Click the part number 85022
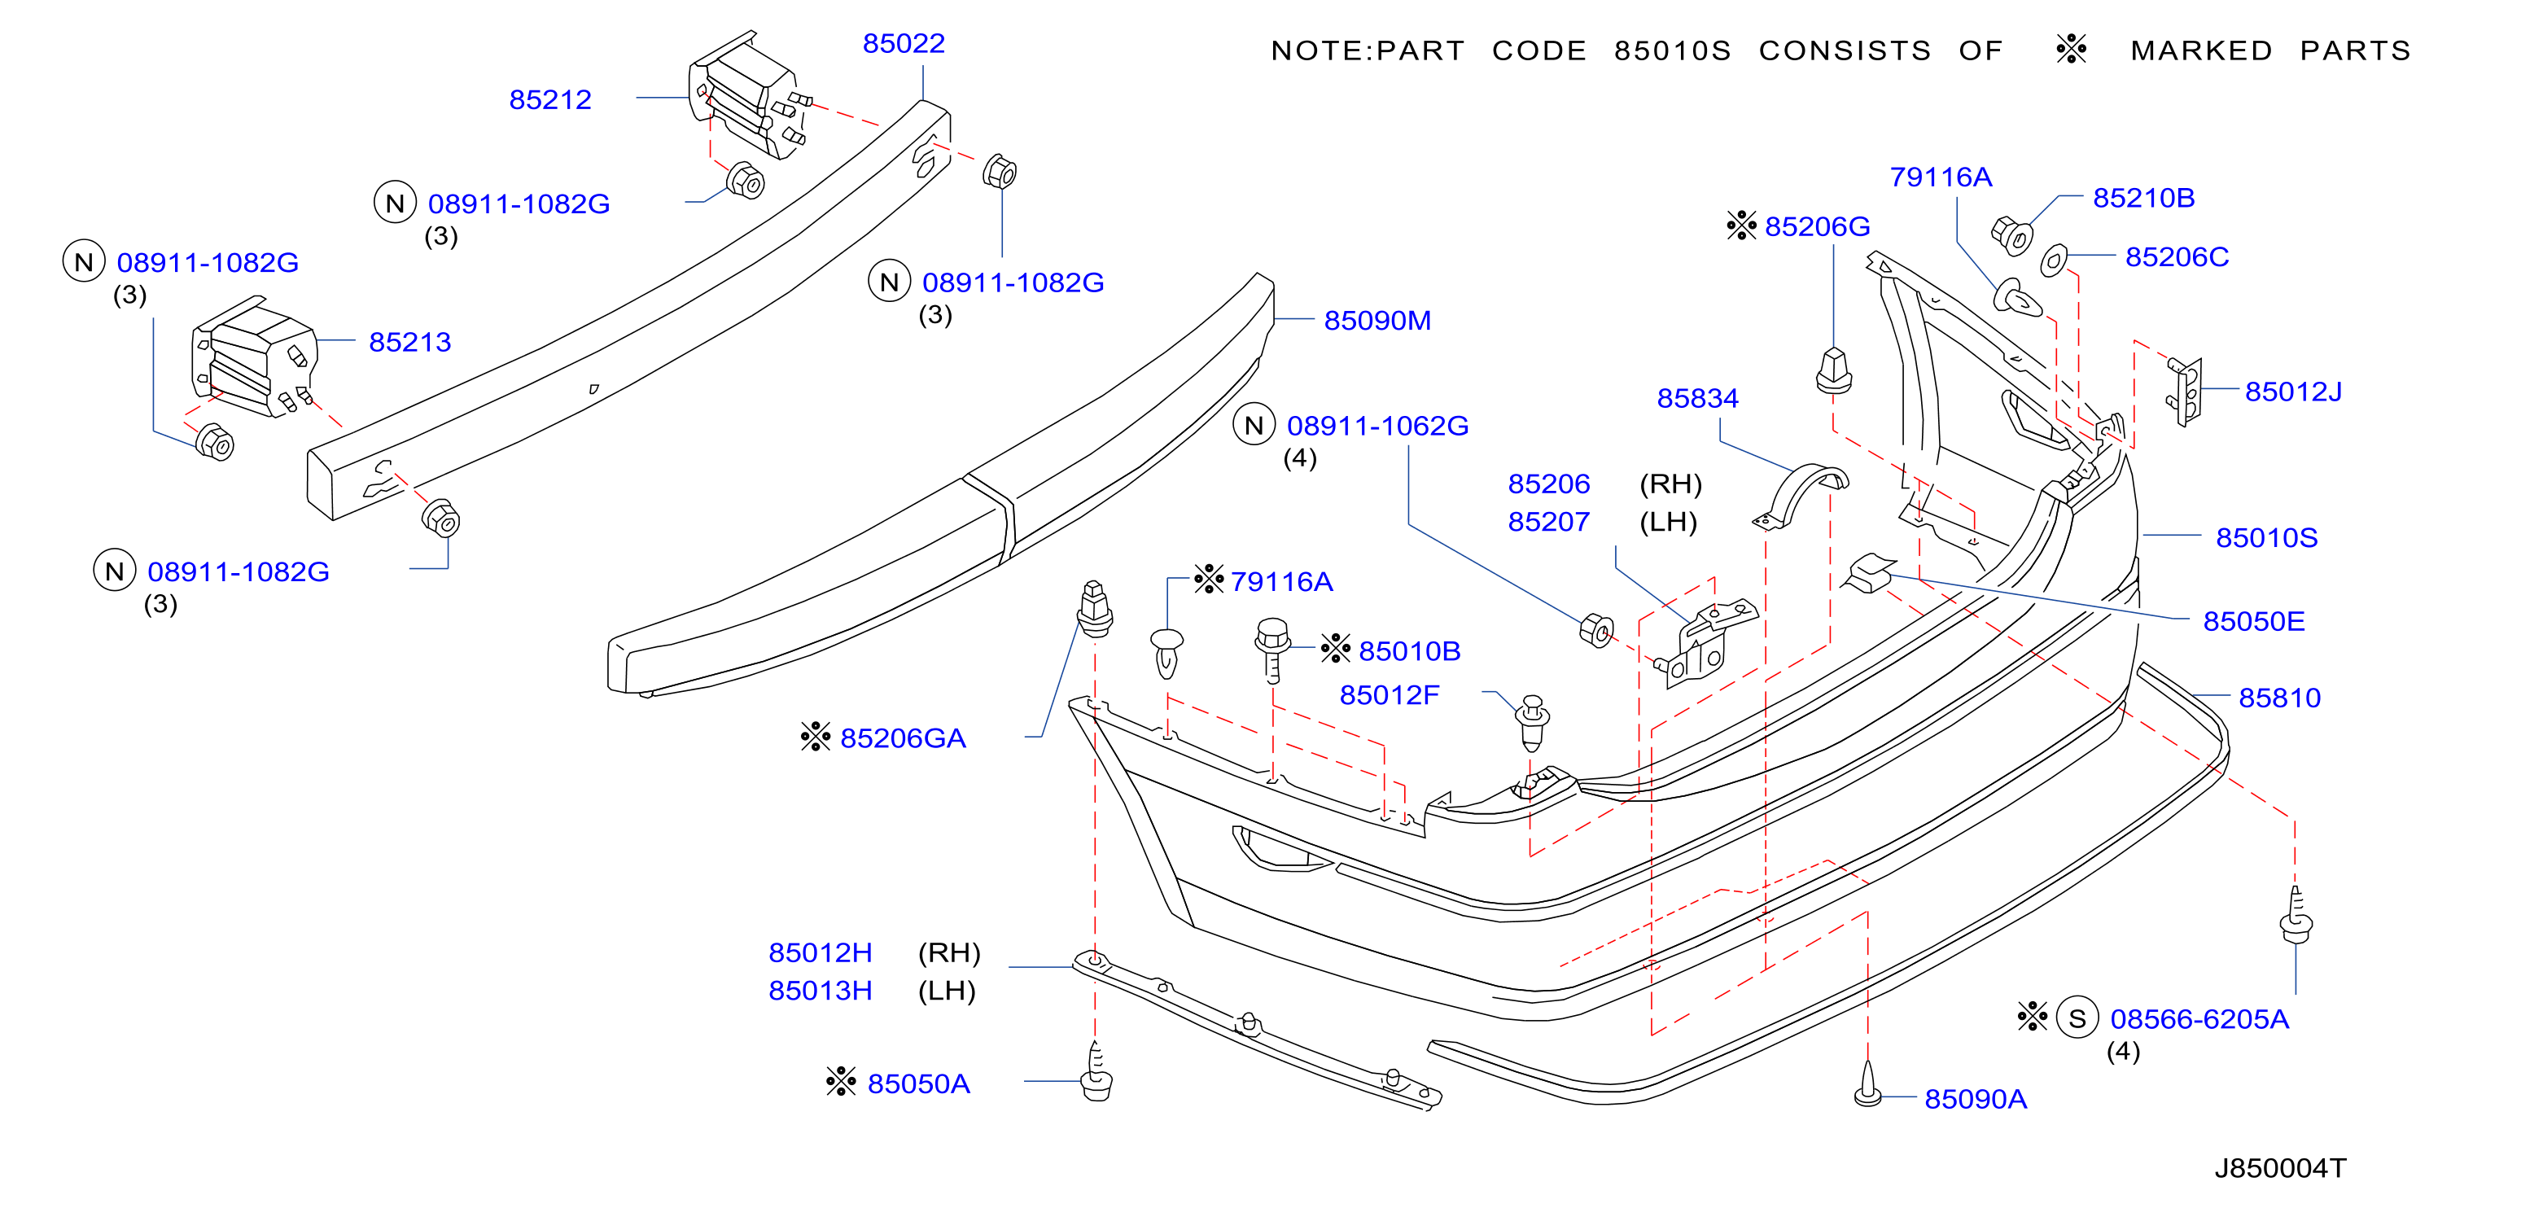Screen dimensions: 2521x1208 click(x=904, y=43)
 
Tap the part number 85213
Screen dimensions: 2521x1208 click(x=410, y=342)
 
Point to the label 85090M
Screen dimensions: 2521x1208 click(x=1377, y=320)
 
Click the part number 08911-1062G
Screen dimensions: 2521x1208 click(x=1377, y=426)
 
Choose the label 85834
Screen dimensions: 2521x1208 click(x=1697, y=398)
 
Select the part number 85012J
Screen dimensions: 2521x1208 click(x=2293, y=392)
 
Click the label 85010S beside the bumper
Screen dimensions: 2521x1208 click(x=2266, y=537)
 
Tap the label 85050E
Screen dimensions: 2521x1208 click(x=2254, y=620)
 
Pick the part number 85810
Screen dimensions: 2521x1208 click(x=2279, y=697)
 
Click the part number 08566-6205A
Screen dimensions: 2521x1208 click(x=2199, y=1019)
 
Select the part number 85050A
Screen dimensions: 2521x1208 click(x=918, y=1083)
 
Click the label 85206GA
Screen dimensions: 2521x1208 click(x=902, y=738)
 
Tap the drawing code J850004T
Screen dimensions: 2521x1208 click(x=2280, y=1168)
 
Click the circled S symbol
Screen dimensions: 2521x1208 click(x=2077, y=1018)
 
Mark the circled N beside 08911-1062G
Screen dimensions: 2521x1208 click(x=1254, y=425)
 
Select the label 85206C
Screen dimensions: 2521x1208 click(x=2177, y=256)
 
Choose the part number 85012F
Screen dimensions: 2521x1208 click(x=1389, y=695)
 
